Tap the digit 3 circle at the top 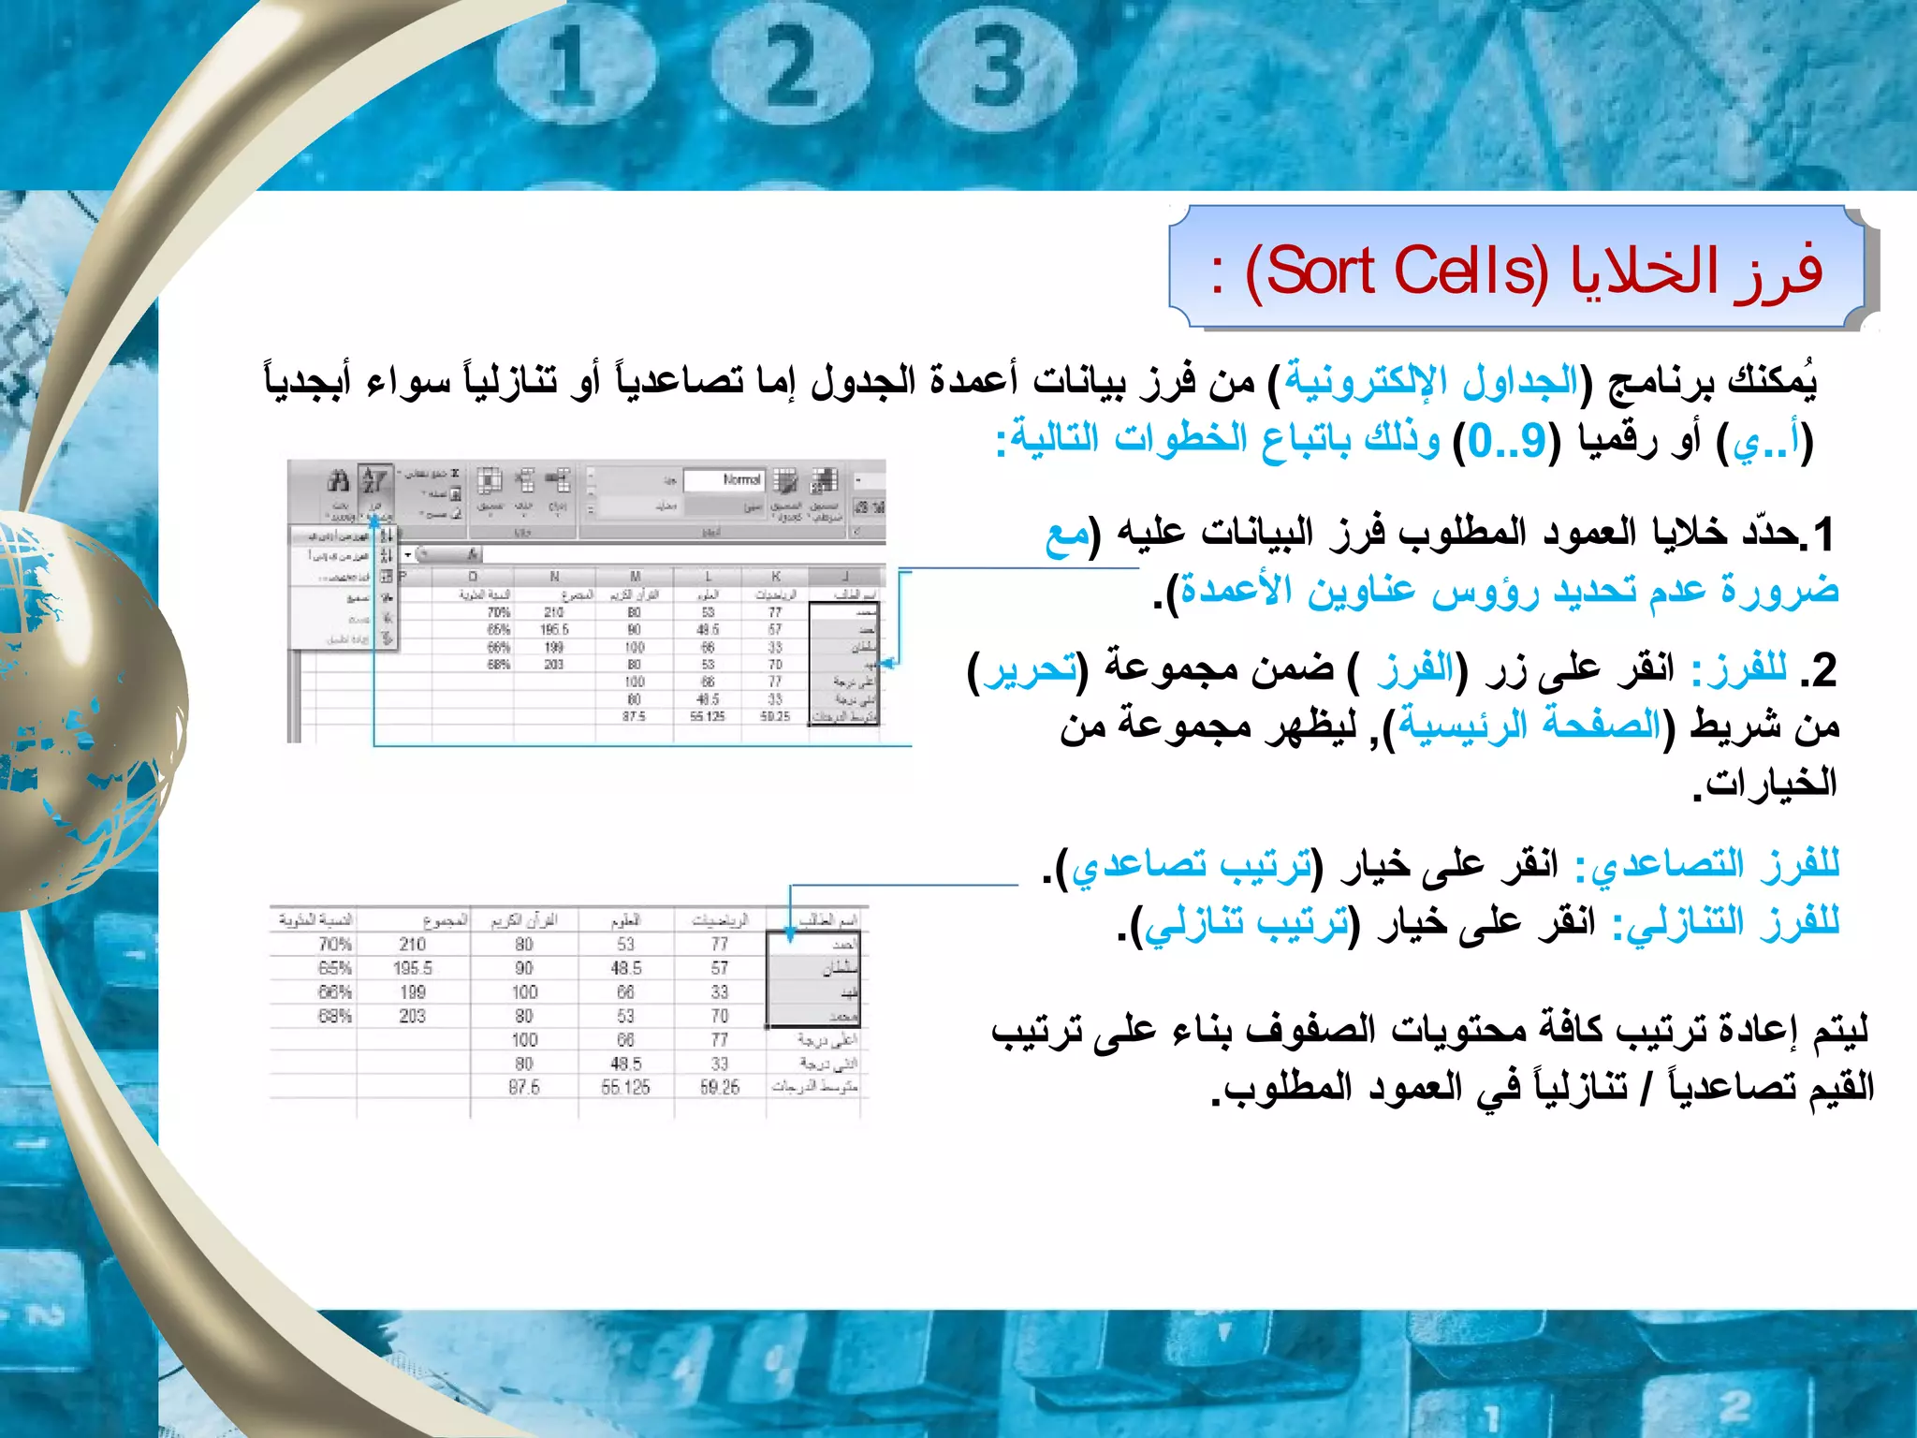click(x=995, y=67)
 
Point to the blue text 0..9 click(x=1507, y=440)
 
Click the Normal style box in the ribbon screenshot click(x=725, y=480)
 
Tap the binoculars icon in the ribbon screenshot click(x=338, y=481)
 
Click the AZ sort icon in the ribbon click(x=374, y=481)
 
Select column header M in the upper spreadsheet click(x=635, y=576)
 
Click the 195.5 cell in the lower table click(x=413, y=968)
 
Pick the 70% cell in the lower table click(x=334, y=945)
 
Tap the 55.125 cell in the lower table click(x=625, y=1088)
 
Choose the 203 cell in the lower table click(x=413, y=1016)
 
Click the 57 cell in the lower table click(x=719, y=968)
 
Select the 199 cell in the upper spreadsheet click(x=553, y=647)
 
